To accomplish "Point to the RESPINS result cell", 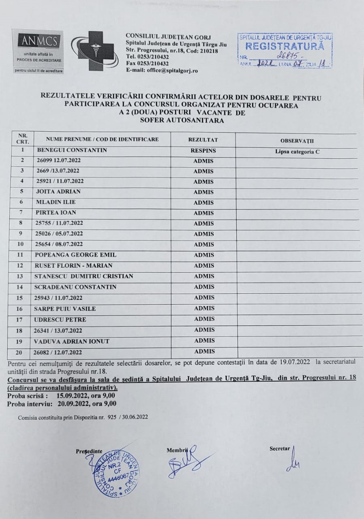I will point(203,151).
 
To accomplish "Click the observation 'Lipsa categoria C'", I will point(297,152).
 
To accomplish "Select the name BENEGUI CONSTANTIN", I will point(72,150).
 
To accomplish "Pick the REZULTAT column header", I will point(203,140).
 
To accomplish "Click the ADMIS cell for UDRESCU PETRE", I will point(204,319).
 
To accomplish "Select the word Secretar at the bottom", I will point(280,449).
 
